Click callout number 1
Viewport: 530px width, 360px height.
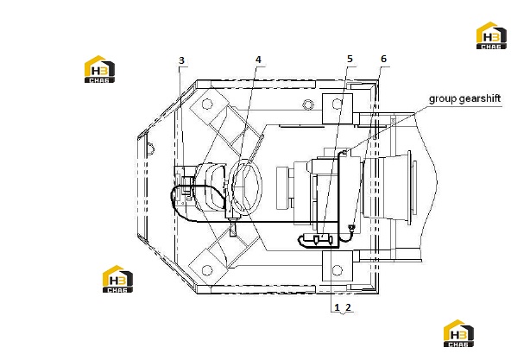337,307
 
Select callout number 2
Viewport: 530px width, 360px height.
348,307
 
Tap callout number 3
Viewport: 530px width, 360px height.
181,60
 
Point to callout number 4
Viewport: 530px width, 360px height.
258,60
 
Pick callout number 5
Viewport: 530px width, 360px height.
350,59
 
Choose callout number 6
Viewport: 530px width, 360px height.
383,59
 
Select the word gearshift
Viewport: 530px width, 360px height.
478,99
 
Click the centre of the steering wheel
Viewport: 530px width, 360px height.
245,186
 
